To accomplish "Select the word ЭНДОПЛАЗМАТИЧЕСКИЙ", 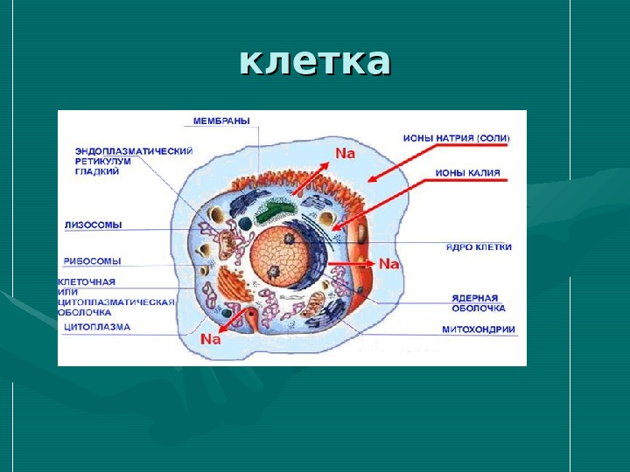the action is point(134,150).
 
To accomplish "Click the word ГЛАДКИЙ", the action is point(97,172).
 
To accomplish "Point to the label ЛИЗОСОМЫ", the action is point(94,225).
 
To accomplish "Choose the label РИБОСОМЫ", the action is point(93,260).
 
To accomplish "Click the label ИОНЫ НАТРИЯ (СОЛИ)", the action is point(456,138).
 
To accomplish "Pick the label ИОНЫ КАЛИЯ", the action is point(468,173).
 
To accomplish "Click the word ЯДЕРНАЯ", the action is point(475,296).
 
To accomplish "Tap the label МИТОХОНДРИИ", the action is point(479,330).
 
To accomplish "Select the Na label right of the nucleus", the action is point(388,263).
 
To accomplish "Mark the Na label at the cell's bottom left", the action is point(211,339).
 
